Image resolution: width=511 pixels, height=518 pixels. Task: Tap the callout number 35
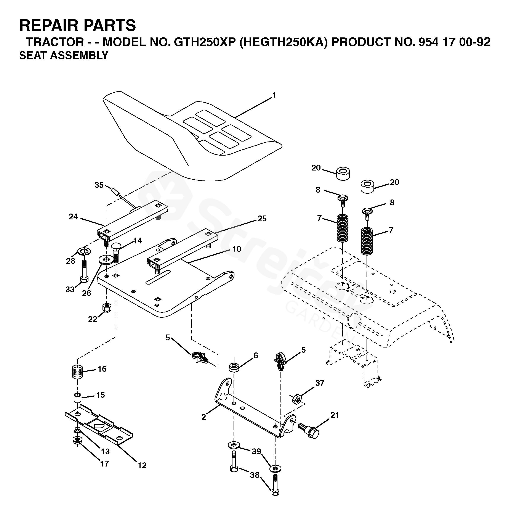[x=99, y=185]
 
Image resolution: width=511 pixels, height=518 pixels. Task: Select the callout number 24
[x=73, y=217]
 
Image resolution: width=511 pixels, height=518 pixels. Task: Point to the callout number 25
[x=262, y=219]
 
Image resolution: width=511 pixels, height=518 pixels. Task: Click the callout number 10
[x=236, y=249]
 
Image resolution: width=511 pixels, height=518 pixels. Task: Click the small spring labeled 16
[x=77, y=372]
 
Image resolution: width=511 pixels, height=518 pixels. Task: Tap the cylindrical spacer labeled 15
[x=77, y=398]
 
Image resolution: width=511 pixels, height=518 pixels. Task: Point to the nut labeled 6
[x=234, y=367]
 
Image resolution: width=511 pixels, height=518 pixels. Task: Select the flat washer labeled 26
[x=106, y=259]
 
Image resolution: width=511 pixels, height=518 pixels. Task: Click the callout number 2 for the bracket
[x=204, y=417]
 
